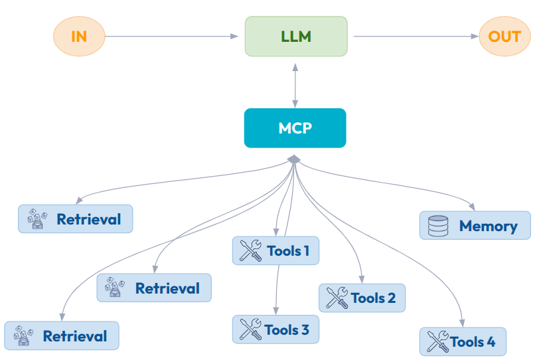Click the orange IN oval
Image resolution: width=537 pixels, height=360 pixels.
pyautogui.click(x=78, y=36)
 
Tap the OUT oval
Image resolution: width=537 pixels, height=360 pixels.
pyautogui.click(x=504, y=36)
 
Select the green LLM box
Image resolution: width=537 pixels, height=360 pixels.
pyautogui.click(x=296, y=36)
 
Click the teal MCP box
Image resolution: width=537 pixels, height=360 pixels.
pyautogui.click(x=295, y=128)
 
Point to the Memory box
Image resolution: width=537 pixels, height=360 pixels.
pyautogui.click(x=475, y=225)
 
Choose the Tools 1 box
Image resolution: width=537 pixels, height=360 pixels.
pyautogui.click(x=275, y=251)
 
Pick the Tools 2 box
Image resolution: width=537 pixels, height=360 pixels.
pyautogui.click(x=362, y=298)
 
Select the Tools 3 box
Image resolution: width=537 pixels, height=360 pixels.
pyautogui.click(x=275, y=329)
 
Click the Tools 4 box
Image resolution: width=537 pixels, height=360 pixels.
pyautogui.click(x=463, y=341)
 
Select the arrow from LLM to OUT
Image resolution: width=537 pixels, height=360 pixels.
pyautogui.click(x=416, y=36)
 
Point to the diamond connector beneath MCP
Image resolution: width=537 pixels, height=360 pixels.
pyautogui.click(x=295, y=159)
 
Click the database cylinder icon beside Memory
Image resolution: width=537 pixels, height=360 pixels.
pyautogui.click(x=438, y=225)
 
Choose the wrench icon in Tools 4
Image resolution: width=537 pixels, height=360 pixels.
pyautogui.click(x=437, y=341)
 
